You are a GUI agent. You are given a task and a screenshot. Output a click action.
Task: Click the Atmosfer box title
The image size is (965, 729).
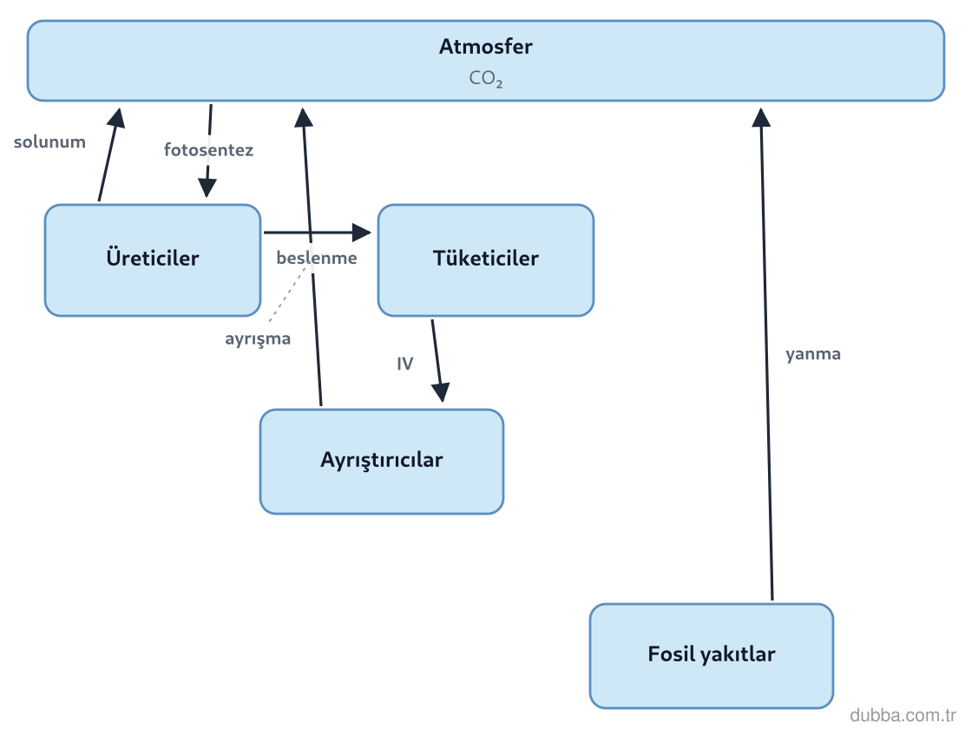point(486,46)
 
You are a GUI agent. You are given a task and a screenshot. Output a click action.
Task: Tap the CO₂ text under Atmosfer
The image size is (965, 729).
point(486,78)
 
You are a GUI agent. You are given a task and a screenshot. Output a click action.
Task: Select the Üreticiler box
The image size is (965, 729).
point(153,259)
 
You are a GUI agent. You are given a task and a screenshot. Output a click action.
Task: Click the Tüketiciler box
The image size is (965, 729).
point(486,259)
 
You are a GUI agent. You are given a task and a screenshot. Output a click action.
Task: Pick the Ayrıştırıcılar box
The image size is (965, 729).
point(382,461)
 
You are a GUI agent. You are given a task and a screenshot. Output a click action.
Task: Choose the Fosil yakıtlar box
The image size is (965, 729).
point(712,656)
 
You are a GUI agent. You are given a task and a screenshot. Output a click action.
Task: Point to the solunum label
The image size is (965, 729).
point(49,141)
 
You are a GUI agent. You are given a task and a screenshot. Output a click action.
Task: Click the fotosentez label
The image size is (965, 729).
point(208,149)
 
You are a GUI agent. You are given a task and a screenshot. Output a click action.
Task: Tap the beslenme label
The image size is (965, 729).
point(317,258)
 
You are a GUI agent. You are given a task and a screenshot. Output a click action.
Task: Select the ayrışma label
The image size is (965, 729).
point(258,338)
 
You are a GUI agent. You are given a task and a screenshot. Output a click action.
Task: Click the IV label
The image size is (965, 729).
point(405,364)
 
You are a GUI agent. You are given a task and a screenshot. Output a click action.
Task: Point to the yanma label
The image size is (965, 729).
point(813,354)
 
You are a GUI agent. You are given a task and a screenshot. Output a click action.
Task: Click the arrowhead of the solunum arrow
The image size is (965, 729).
point(116,117)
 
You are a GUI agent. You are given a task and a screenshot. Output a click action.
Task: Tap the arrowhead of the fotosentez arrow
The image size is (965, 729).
point(207,187)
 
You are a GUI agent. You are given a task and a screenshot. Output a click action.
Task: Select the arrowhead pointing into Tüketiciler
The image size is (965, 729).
point(362,233)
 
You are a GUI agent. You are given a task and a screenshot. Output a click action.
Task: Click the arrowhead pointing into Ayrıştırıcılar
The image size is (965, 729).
point(441,392)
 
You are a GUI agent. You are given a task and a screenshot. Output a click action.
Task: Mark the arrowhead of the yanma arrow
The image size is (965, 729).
point(761,117)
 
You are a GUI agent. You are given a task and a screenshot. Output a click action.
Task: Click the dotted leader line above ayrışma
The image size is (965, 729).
point(287,294)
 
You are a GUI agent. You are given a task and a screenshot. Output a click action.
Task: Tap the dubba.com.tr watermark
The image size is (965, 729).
point(903,715)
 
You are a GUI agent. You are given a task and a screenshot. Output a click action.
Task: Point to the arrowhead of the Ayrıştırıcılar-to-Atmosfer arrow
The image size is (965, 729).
point(304,117)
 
